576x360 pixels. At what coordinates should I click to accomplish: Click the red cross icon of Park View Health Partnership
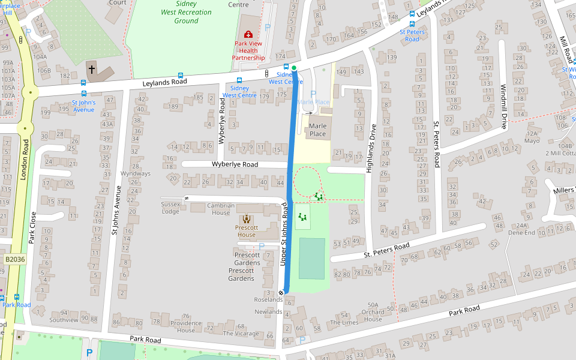point(248,35)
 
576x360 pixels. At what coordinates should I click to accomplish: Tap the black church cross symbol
point(92,70)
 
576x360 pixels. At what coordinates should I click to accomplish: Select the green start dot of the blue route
point(294,68)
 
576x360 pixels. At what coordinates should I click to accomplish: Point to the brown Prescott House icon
point(247,219)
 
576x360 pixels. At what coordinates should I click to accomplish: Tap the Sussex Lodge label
point(170,208)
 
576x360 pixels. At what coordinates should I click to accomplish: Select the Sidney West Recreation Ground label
point(186,12)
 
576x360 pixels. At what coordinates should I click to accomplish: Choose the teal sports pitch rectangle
point(311,258)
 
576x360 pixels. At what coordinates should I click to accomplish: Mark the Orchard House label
point(373,316)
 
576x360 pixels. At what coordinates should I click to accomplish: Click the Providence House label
point(185,326)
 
